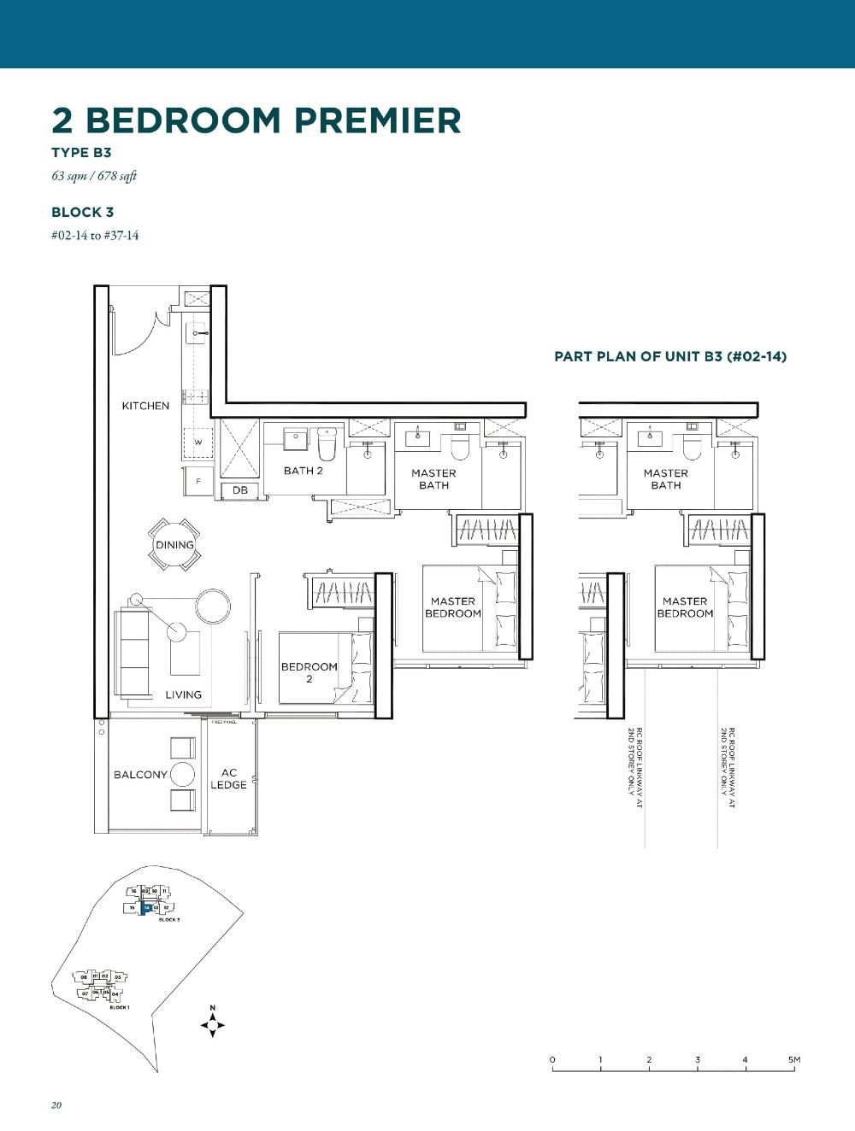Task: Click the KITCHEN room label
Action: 145,406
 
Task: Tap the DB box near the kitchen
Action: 240,490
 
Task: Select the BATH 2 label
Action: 304,471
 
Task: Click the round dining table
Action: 174,545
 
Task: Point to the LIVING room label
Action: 184,694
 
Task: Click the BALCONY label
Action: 140,775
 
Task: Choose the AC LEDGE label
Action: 228,778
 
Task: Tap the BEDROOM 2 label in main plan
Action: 309,672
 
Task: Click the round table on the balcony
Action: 182,775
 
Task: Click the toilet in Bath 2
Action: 327,445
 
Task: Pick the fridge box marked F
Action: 198,482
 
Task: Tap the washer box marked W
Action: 198,442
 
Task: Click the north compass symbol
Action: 213,1023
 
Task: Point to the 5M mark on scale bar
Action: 794,1060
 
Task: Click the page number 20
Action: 56,1105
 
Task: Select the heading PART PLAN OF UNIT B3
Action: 670,356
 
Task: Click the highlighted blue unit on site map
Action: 147,909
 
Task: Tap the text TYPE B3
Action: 81,153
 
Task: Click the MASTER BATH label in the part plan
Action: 666,479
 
